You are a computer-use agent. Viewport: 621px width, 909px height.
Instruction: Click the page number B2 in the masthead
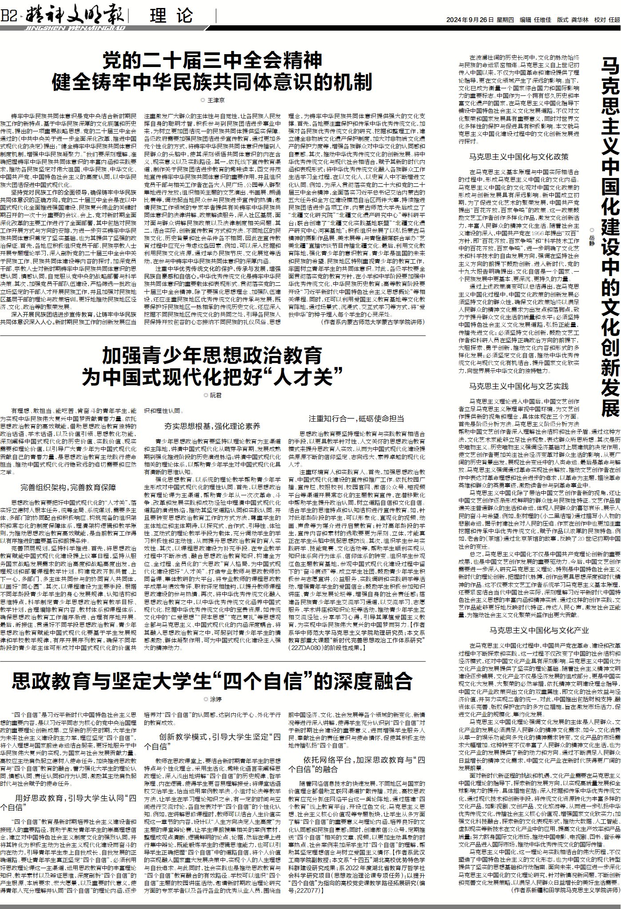click(9, 17)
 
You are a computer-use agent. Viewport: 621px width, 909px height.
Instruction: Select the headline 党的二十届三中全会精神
click(212, 60)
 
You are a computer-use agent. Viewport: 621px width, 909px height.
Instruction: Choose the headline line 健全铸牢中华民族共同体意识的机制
click(212, 81)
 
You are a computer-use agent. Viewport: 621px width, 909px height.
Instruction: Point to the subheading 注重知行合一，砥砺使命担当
click(356, 419)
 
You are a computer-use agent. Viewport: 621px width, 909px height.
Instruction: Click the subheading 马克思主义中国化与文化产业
click(539, 630)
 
